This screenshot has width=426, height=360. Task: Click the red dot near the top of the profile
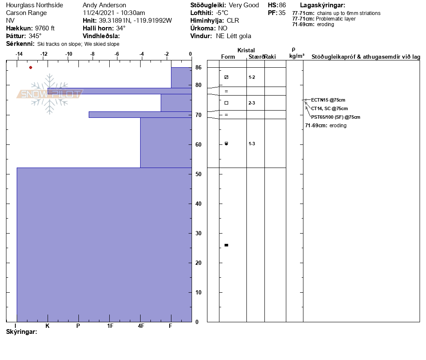pos(30,67)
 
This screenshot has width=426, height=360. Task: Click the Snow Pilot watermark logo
pos(49,94)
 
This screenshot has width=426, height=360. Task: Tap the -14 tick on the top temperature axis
pos(19,54)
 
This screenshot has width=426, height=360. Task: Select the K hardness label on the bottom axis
pos(48,326)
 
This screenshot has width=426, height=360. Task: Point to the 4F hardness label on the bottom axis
pos(141,326)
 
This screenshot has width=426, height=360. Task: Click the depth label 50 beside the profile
pos(198,174)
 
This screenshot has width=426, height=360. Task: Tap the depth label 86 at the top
pos(198,68)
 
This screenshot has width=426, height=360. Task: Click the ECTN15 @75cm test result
pos(328,100)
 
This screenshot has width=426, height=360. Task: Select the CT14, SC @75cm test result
pos(329,108)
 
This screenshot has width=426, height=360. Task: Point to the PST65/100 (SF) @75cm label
pos(336,117)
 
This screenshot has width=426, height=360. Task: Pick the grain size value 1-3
pos(252,144)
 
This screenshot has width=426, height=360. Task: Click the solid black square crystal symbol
pos(226,245)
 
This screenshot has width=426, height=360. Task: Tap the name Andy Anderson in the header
pos(104,5)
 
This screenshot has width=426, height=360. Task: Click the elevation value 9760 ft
pos(45,28)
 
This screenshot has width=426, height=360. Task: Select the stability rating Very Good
pos(244,5)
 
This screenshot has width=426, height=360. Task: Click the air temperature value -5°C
pos(222,13)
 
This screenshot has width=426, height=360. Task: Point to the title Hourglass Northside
pos(34,5)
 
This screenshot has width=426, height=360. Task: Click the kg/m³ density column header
pos(297,56)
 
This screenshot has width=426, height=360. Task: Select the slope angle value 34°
pos(121,28)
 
